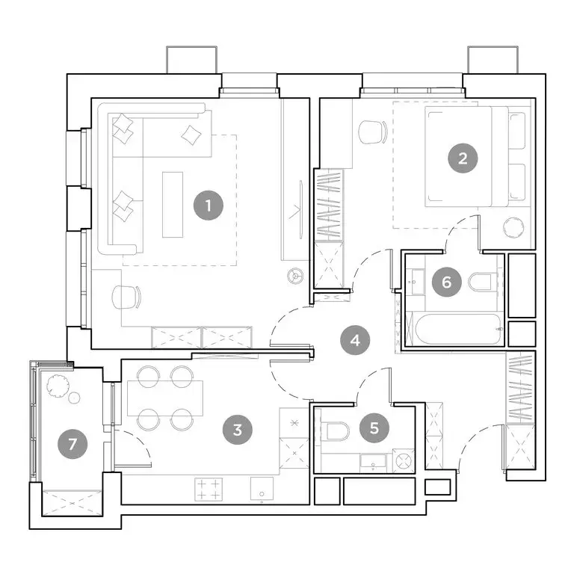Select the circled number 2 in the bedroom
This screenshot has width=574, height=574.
[x=463, y=158]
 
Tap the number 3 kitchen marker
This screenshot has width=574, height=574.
[x=237, y=429]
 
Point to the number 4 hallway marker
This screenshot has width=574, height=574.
[x=355, y=340]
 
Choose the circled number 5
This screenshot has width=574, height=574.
[x=374, y=428]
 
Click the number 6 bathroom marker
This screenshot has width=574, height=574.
[x=447, y=282]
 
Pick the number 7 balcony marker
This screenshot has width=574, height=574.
[x=72, y=443]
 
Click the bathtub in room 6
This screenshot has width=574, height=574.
[x=455, y=328]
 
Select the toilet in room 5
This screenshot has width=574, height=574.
[x=336, y=432]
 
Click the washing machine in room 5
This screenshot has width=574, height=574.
[x=404, y=461]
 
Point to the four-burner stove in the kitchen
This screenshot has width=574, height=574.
[x=209, y=490]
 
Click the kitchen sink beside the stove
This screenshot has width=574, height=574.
[x=262, y=490]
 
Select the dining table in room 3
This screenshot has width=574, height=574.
[x=164, y=398]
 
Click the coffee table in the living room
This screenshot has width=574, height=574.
[x=173, y=204]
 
